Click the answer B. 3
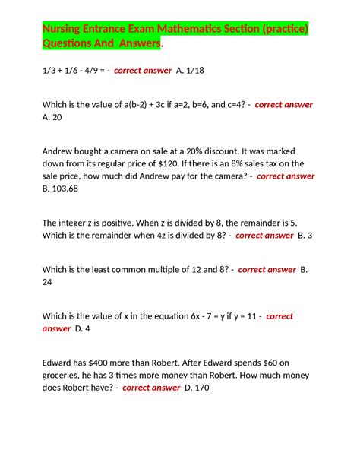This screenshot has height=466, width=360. point(305,236)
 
